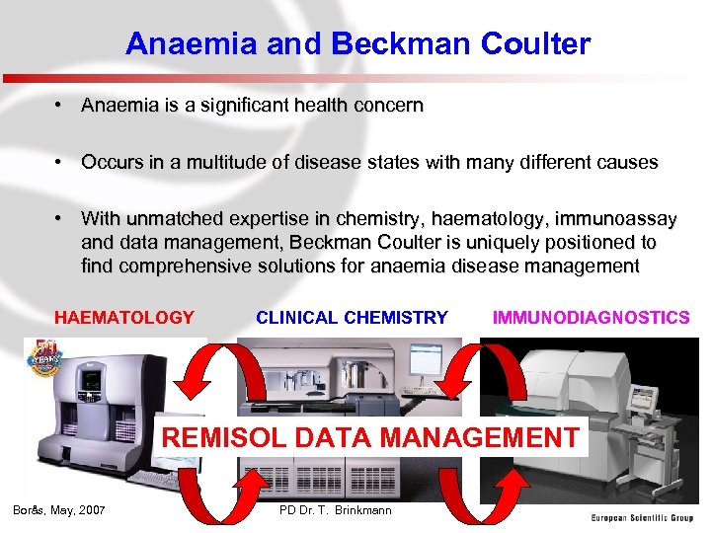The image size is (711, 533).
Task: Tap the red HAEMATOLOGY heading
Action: [x=124, y=318]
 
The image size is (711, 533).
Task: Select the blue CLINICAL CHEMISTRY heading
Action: [x=352, y=318]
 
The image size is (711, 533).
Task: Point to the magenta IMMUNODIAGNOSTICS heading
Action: [x=591, y=318]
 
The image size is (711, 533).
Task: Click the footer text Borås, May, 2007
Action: [x=59, y=510]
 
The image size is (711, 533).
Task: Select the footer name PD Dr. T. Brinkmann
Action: [x=336, y=510]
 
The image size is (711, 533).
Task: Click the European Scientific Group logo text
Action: [x=642, y=517]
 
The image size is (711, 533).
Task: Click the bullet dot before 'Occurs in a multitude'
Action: [x=60, y=162]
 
